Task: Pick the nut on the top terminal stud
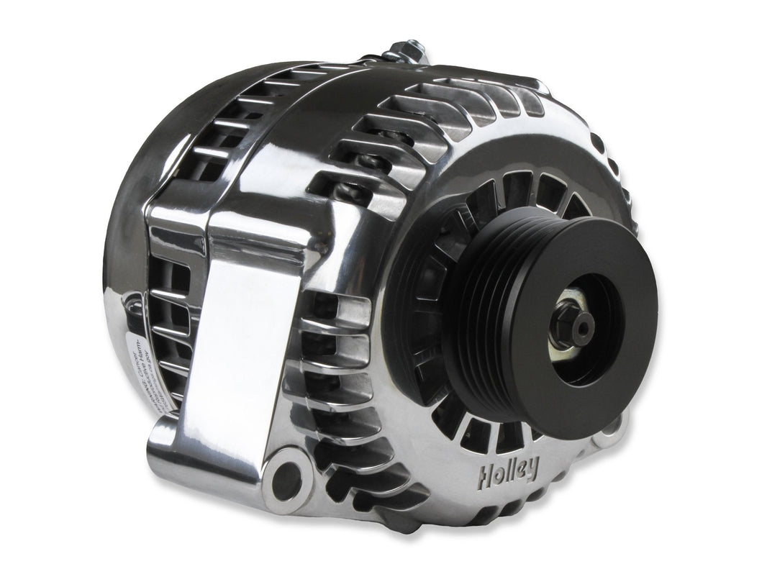click(399, 50)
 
